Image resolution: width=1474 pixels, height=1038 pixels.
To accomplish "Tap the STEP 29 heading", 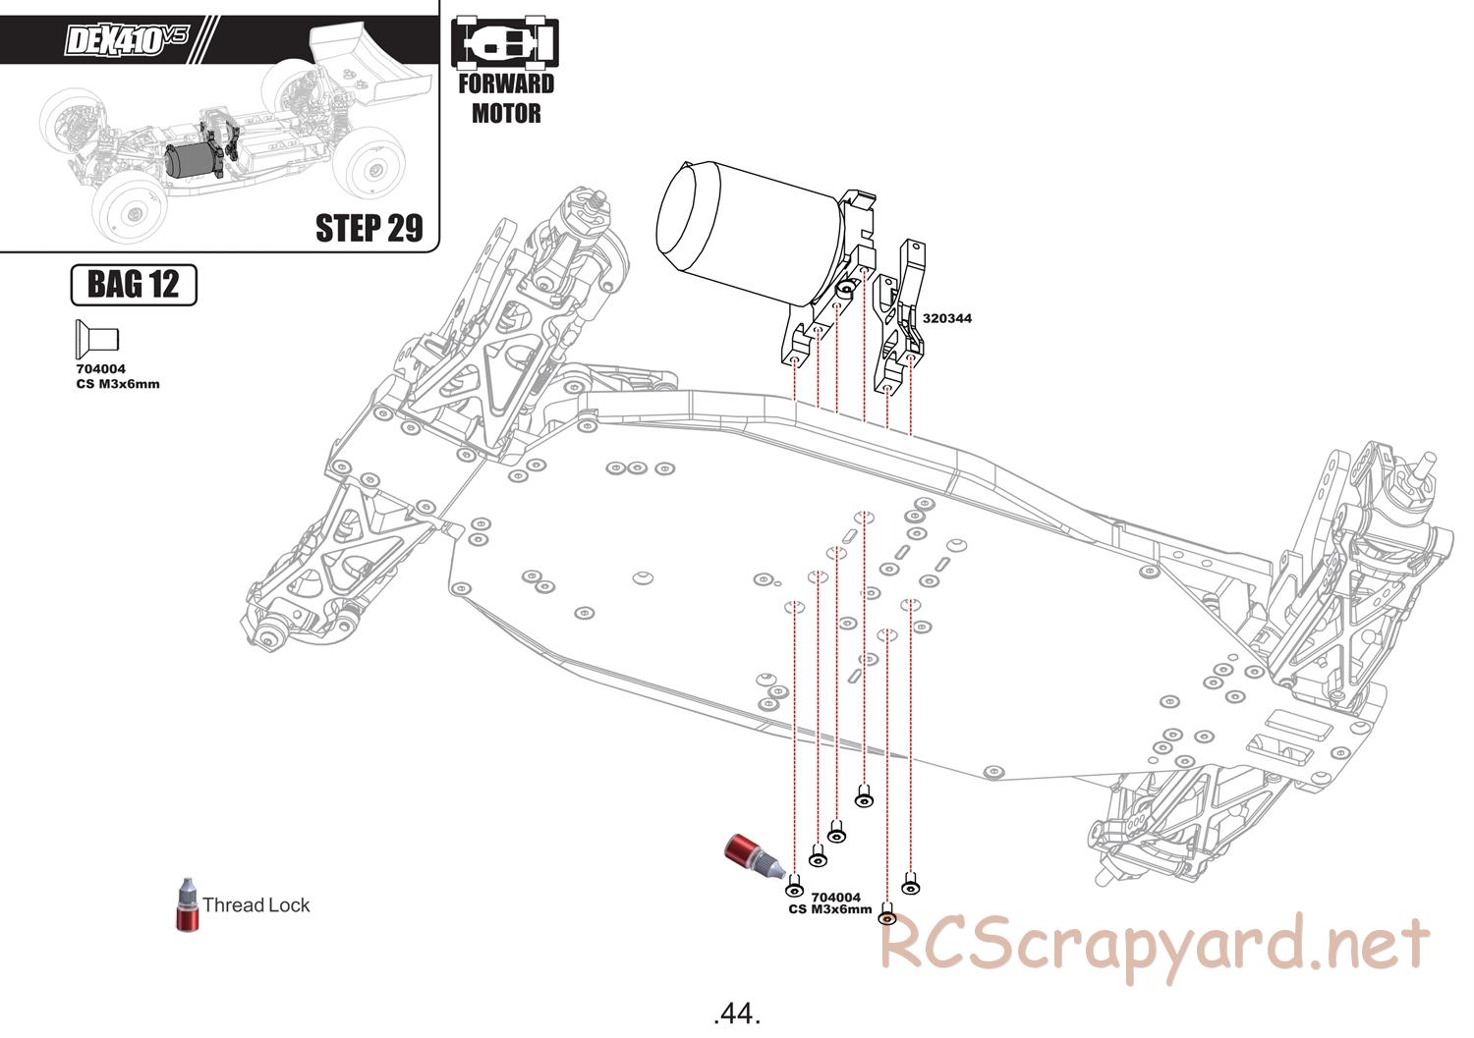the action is pyautogui.click(x=369, y=228).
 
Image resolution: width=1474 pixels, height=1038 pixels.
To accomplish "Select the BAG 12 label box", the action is pyautogui.click(x=134, y=285).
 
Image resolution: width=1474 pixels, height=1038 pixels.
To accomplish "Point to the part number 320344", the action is pyautogui.click(x=947, y=318).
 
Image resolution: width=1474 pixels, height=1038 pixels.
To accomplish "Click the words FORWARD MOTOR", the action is pyautogui.click(x=506, y=98).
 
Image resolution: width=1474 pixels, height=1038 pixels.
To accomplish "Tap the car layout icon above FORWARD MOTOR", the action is pyautogui.click(x=505, y=43).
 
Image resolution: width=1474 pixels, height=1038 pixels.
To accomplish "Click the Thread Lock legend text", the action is pyautogui.click(x=255, y=905).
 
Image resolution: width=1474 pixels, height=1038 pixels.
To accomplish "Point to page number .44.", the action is pyautogui.click(x=737, y=1013).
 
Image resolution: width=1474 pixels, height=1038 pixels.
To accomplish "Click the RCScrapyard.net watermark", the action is pyautogui.click(x=1155, y=946).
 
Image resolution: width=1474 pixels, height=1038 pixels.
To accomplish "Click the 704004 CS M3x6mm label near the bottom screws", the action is pyautogui.click(x=830, y=903).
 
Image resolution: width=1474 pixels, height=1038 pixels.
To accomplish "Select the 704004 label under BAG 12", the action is pyautogui.click(x=100, y=369).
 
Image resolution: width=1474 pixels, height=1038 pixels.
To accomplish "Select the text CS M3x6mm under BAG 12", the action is pyautogui.click(x=118, y=384).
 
